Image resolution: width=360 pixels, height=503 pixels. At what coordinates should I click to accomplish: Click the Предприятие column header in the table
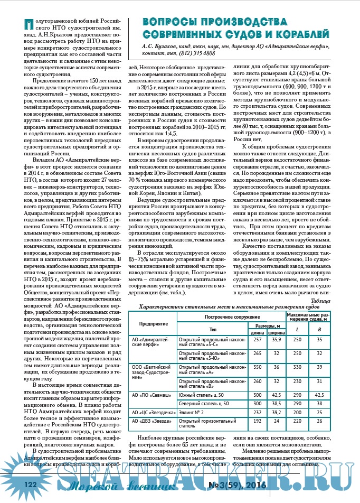pos(154,322)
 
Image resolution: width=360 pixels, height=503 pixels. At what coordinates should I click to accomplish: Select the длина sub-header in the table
pos(258,333)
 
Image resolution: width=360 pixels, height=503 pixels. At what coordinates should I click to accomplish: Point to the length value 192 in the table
pos(258,421)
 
